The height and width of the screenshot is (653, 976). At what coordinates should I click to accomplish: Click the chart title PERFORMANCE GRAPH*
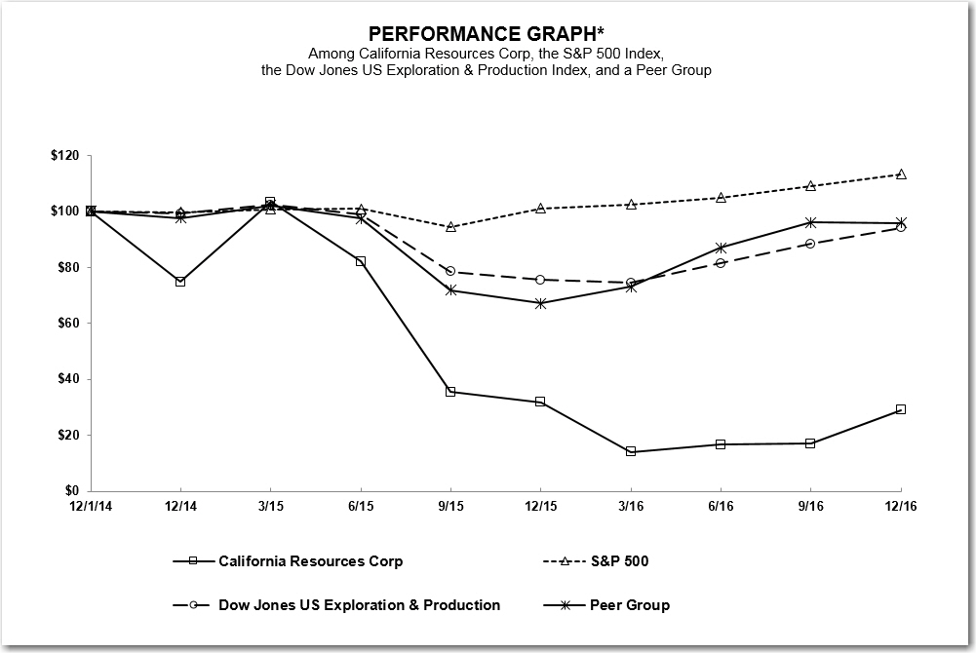[x=488, y=32]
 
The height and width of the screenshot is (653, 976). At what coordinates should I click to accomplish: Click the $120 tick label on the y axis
[x=70, y=156]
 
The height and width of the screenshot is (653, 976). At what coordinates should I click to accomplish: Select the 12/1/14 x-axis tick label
[x=91, y=506]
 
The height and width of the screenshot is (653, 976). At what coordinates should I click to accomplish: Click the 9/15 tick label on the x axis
[x=450, y=506]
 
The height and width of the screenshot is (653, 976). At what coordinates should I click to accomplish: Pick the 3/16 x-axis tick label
[x=631, y=506]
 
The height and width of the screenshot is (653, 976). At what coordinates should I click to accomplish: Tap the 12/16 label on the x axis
[x=901, y=506]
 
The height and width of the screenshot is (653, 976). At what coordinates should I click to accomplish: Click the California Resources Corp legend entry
[x=310, y=561]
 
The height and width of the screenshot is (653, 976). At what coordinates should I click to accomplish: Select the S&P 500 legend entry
[x=619, y=561]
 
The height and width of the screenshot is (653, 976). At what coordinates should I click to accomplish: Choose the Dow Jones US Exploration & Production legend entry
[x=359, y=605]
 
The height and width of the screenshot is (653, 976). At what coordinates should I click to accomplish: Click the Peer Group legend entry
[x=629, y=605]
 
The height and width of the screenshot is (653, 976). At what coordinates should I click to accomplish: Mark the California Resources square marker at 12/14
[x=180, y=282]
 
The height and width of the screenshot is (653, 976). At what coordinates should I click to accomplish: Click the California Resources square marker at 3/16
[x=631, y=451]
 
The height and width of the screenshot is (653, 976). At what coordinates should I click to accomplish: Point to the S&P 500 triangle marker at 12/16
[x=901, y=174]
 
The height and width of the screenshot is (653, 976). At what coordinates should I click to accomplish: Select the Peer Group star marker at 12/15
[x=541, y=303]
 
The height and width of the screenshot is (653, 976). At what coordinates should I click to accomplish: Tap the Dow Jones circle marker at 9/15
[x=450, y=271]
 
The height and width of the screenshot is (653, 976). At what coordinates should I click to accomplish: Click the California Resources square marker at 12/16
[x=901, y=409]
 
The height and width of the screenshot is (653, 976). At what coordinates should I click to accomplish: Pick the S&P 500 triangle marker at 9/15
[x=450, y=226]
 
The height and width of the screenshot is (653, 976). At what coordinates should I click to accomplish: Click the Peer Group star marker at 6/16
[x=721, y=248]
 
